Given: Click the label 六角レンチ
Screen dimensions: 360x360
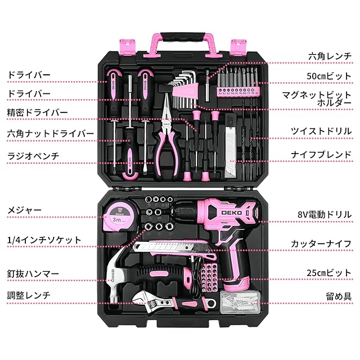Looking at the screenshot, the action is point(331,56).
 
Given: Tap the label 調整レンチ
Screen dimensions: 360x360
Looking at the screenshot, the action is point(29,294).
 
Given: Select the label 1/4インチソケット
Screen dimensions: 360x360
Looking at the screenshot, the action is point(44,240).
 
